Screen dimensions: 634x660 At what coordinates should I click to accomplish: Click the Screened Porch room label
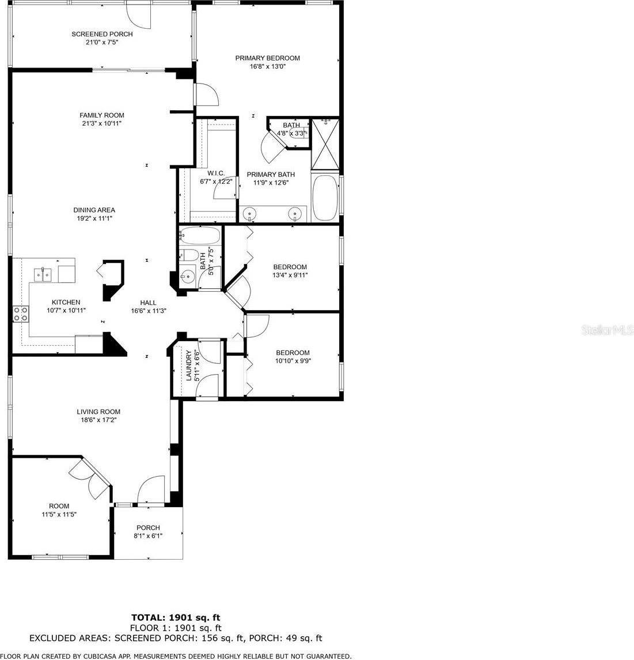click(x=102, y=34)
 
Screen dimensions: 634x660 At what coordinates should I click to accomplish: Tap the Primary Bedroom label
click(x=267, y=58)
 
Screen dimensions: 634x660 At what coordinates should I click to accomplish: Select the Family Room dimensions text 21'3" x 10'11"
click(x=102, y=123)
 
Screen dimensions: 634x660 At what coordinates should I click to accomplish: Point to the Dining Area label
click(x=94, y=210)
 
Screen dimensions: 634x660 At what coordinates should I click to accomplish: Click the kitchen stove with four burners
click(x=21, y=314)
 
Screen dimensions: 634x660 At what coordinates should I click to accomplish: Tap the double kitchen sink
click(x=43, y=275)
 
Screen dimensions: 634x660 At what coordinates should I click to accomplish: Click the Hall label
click(x=148, y=303)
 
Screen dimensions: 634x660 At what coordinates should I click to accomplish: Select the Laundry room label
click(x=189, y=365)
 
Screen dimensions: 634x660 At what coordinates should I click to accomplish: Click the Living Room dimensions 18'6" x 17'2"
click(x=98, y=420)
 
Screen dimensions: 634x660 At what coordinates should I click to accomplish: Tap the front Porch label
click(x=148, y=527)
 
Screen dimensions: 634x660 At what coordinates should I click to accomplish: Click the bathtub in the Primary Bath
click(x=325, y=198)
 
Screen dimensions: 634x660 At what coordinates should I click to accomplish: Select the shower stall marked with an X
click(x=325, y=144)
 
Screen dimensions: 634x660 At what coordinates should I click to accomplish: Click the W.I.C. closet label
click(x=216, y=174)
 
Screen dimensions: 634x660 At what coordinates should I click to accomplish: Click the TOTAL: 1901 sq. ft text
click(x=176, y=617)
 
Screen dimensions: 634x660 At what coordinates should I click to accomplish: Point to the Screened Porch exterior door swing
click(x=139, y=17)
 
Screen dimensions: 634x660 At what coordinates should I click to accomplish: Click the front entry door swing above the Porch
click(x=150, y=489)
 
